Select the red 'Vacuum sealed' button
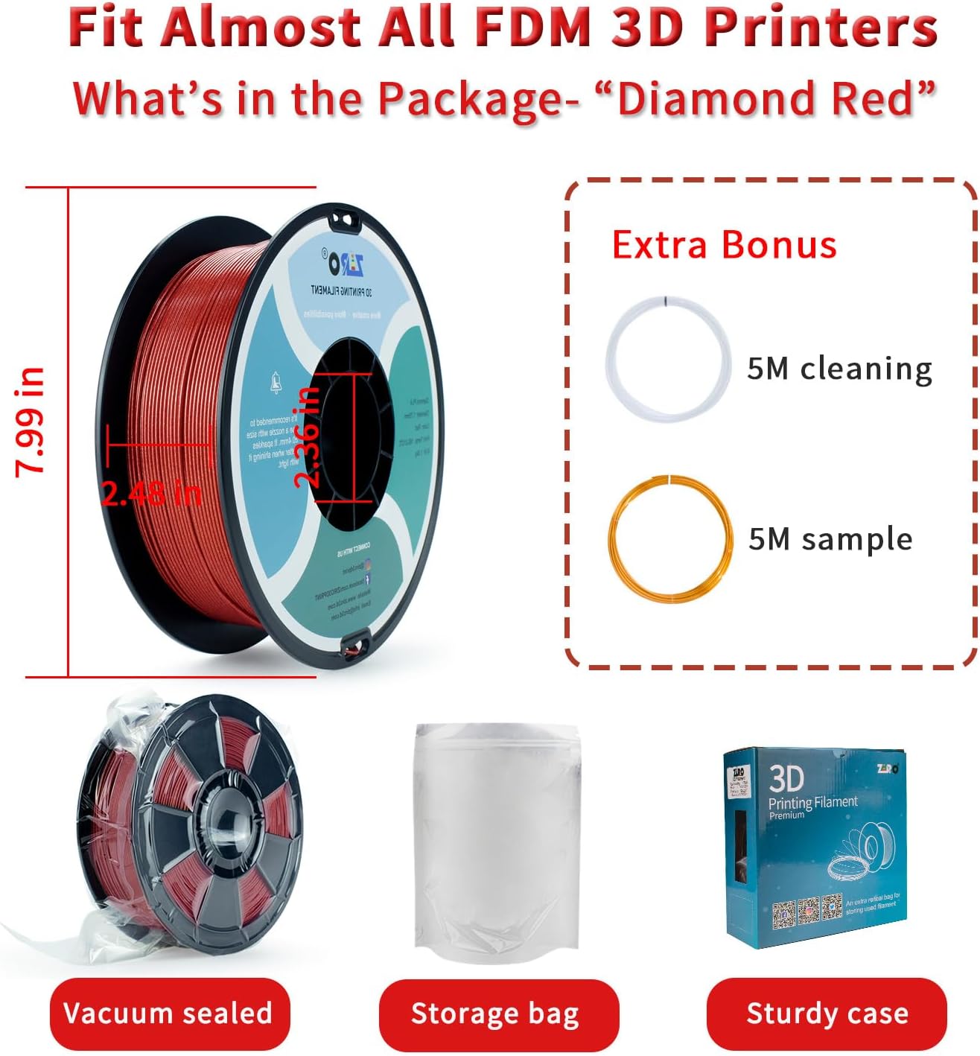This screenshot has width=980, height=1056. click(169, 1014)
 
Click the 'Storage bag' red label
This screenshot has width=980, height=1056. click(498, 1014)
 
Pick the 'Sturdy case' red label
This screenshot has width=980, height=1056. click(826, 1014)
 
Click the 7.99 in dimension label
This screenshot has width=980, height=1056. click(31, 421)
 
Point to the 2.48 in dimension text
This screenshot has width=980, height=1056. click(151, 493)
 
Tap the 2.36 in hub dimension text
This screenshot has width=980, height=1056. click(307, 438)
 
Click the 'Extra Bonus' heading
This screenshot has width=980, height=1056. click(724, 245)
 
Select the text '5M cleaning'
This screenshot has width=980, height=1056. click(839, 369)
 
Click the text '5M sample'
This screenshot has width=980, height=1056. click(830, 538)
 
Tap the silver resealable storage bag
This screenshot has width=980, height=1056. click(497, 842)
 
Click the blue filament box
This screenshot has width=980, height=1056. click(815, 849)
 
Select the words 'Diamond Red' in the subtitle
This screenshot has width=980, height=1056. click(774, 99)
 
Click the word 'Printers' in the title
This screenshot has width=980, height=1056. click(821, 28)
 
